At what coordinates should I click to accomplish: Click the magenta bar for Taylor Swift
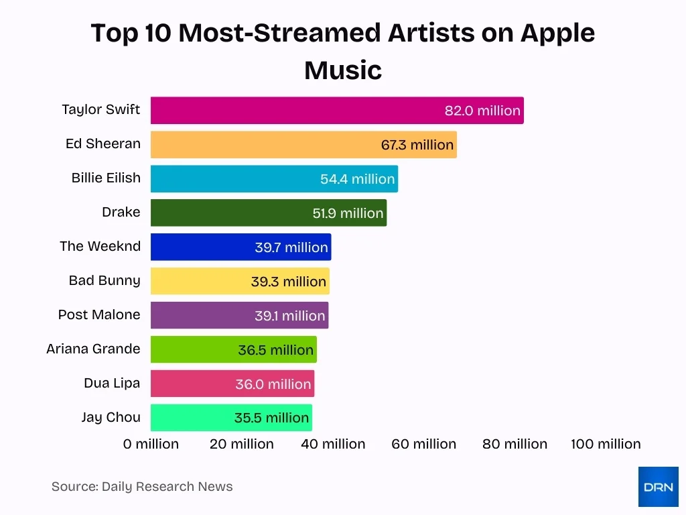(x=295, y=111)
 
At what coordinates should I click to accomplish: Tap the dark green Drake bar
(x=228, y=213)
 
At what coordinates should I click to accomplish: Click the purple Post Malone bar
(x=201, y=315)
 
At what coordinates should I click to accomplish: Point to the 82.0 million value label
(x=482, y=111)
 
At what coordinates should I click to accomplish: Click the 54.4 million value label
(x=357, y=179)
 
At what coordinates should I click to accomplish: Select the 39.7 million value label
(x=291, y=247)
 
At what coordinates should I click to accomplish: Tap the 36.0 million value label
(x=273, y=384)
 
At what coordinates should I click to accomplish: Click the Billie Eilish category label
(x=106, y=178)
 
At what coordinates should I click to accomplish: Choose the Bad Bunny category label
(x=105, y=280)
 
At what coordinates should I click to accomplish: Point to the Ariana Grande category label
(x=93, y=349)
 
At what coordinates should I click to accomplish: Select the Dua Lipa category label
(x=112, y=383)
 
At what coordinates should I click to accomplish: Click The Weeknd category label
(x=100, y=246)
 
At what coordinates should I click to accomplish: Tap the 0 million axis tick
(x=151, y=444)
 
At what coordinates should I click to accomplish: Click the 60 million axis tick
(x=424, y=444)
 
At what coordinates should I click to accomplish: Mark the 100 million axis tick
(x=606, y=444)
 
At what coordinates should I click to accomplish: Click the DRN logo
(x=658, y=487)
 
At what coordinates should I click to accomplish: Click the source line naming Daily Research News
(x=142, y=487)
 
